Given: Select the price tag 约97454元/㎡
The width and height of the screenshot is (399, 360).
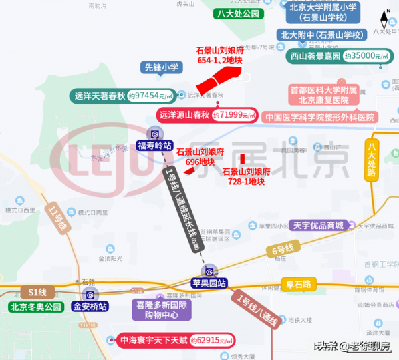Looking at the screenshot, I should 152,96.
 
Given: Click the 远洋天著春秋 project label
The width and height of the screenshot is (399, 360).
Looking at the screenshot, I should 99,96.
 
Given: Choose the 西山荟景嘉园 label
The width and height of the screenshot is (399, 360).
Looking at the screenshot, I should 314,57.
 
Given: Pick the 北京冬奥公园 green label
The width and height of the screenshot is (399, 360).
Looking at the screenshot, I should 35,307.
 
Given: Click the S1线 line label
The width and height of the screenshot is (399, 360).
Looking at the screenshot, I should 37,292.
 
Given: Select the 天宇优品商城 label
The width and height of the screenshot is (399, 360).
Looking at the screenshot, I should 318,226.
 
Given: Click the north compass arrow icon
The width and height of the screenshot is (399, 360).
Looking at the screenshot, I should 385,18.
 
